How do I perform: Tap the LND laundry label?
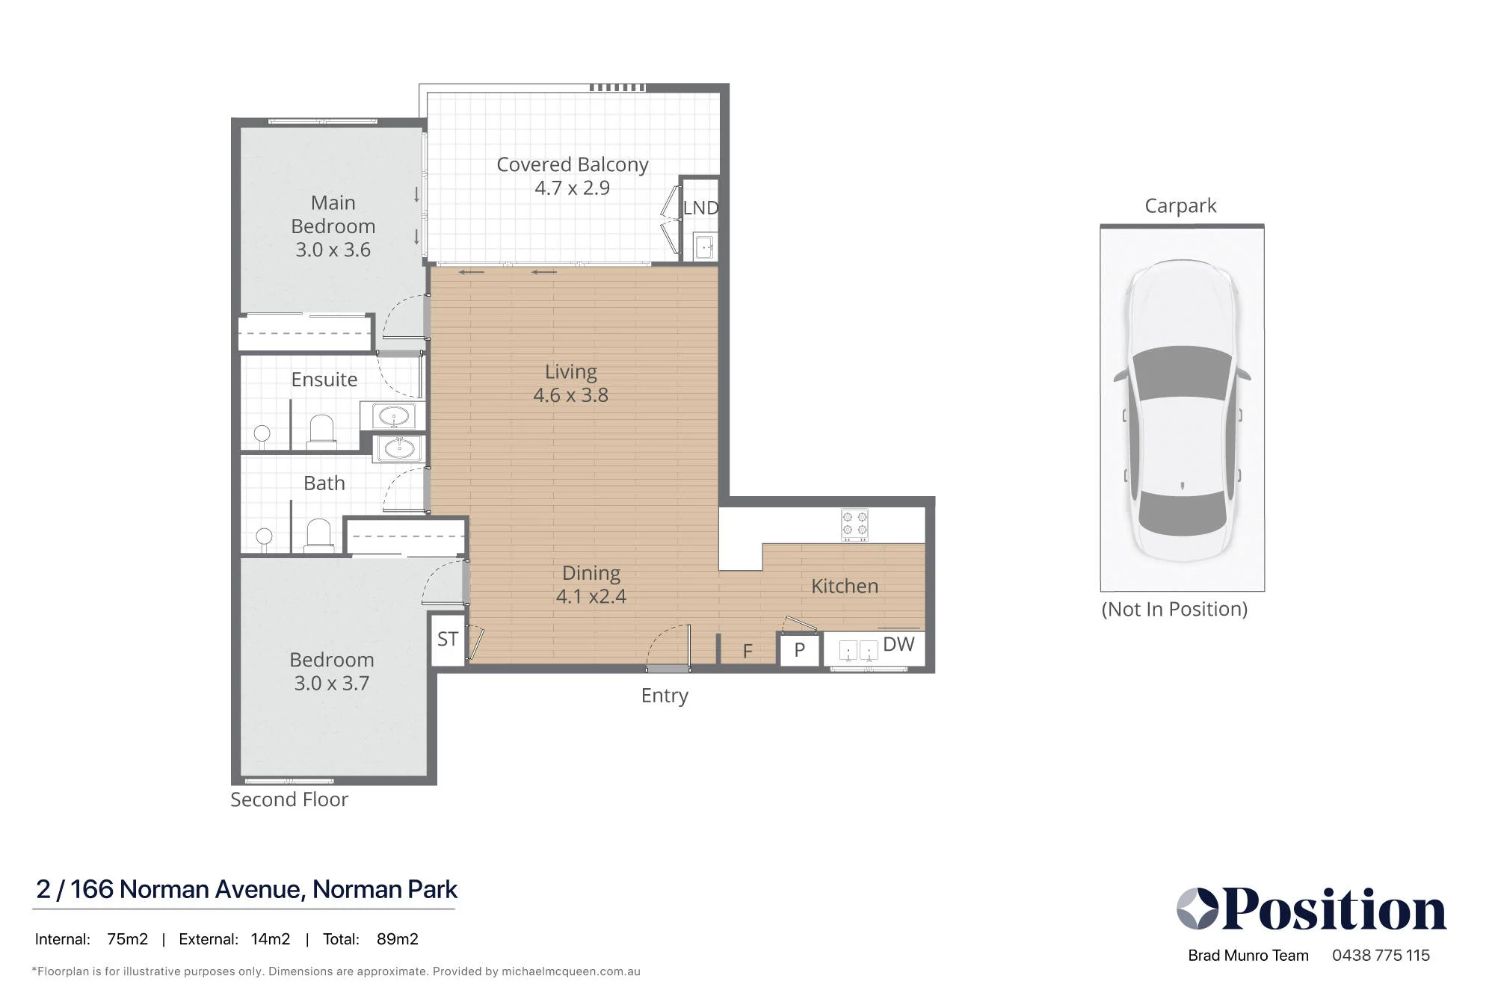[700, 208]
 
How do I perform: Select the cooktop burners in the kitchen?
[854, 525]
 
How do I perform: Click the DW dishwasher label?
[898, 644]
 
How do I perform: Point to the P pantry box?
[799, 650]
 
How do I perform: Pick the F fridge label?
[747, 652]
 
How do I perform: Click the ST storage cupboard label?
[448, 640]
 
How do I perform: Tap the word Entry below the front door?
[665, 696]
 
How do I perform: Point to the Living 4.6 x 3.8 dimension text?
[571, 395]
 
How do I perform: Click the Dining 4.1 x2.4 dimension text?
[591, 596]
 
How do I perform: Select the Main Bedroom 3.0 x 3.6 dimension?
[333, 250]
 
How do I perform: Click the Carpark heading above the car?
[1181, 205]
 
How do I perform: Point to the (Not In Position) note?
[1175, 609]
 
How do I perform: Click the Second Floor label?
[289, 799]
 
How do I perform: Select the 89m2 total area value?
[398, 939]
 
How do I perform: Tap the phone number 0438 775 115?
[1381, 955]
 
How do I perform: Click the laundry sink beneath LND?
[705, 246]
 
